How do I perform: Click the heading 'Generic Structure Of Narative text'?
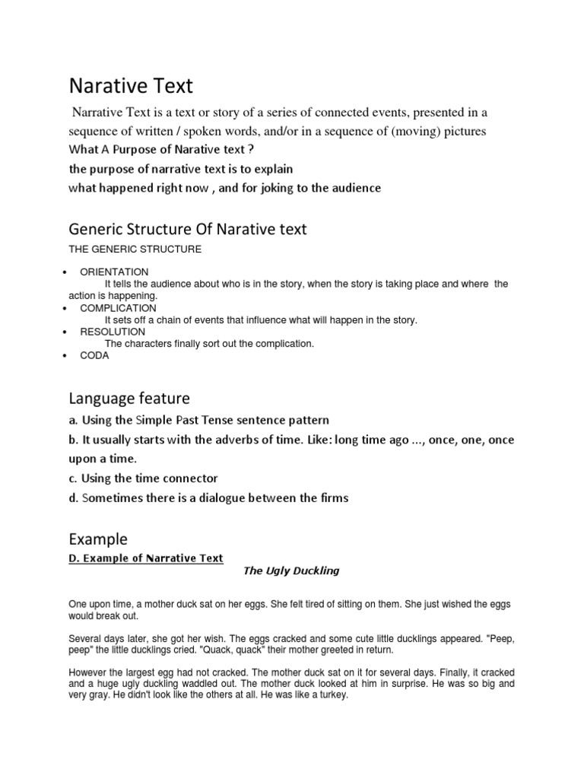click(187, 228)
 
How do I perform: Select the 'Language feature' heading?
click(129, 398)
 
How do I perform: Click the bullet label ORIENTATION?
click(114, 272)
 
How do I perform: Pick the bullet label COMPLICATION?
click(118, 308)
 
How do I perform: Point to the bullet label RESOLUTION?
click(113, 332)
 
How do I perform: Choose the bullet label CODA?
click(94, 355)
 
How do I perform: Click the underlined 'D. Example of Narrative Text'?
click(146, 558)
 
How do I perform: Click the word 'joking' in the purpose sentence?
click(264, 187)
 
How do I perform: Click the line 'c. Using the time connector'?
click(143, 478)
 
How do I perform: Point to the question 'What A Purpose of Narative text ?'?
click(161, 149)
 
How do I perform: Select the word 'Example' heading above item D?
click(98, 539)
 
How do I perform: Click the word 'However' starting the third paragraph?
click(87, 672)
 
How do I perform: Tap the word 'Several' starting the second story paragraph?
click(86, 640)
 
